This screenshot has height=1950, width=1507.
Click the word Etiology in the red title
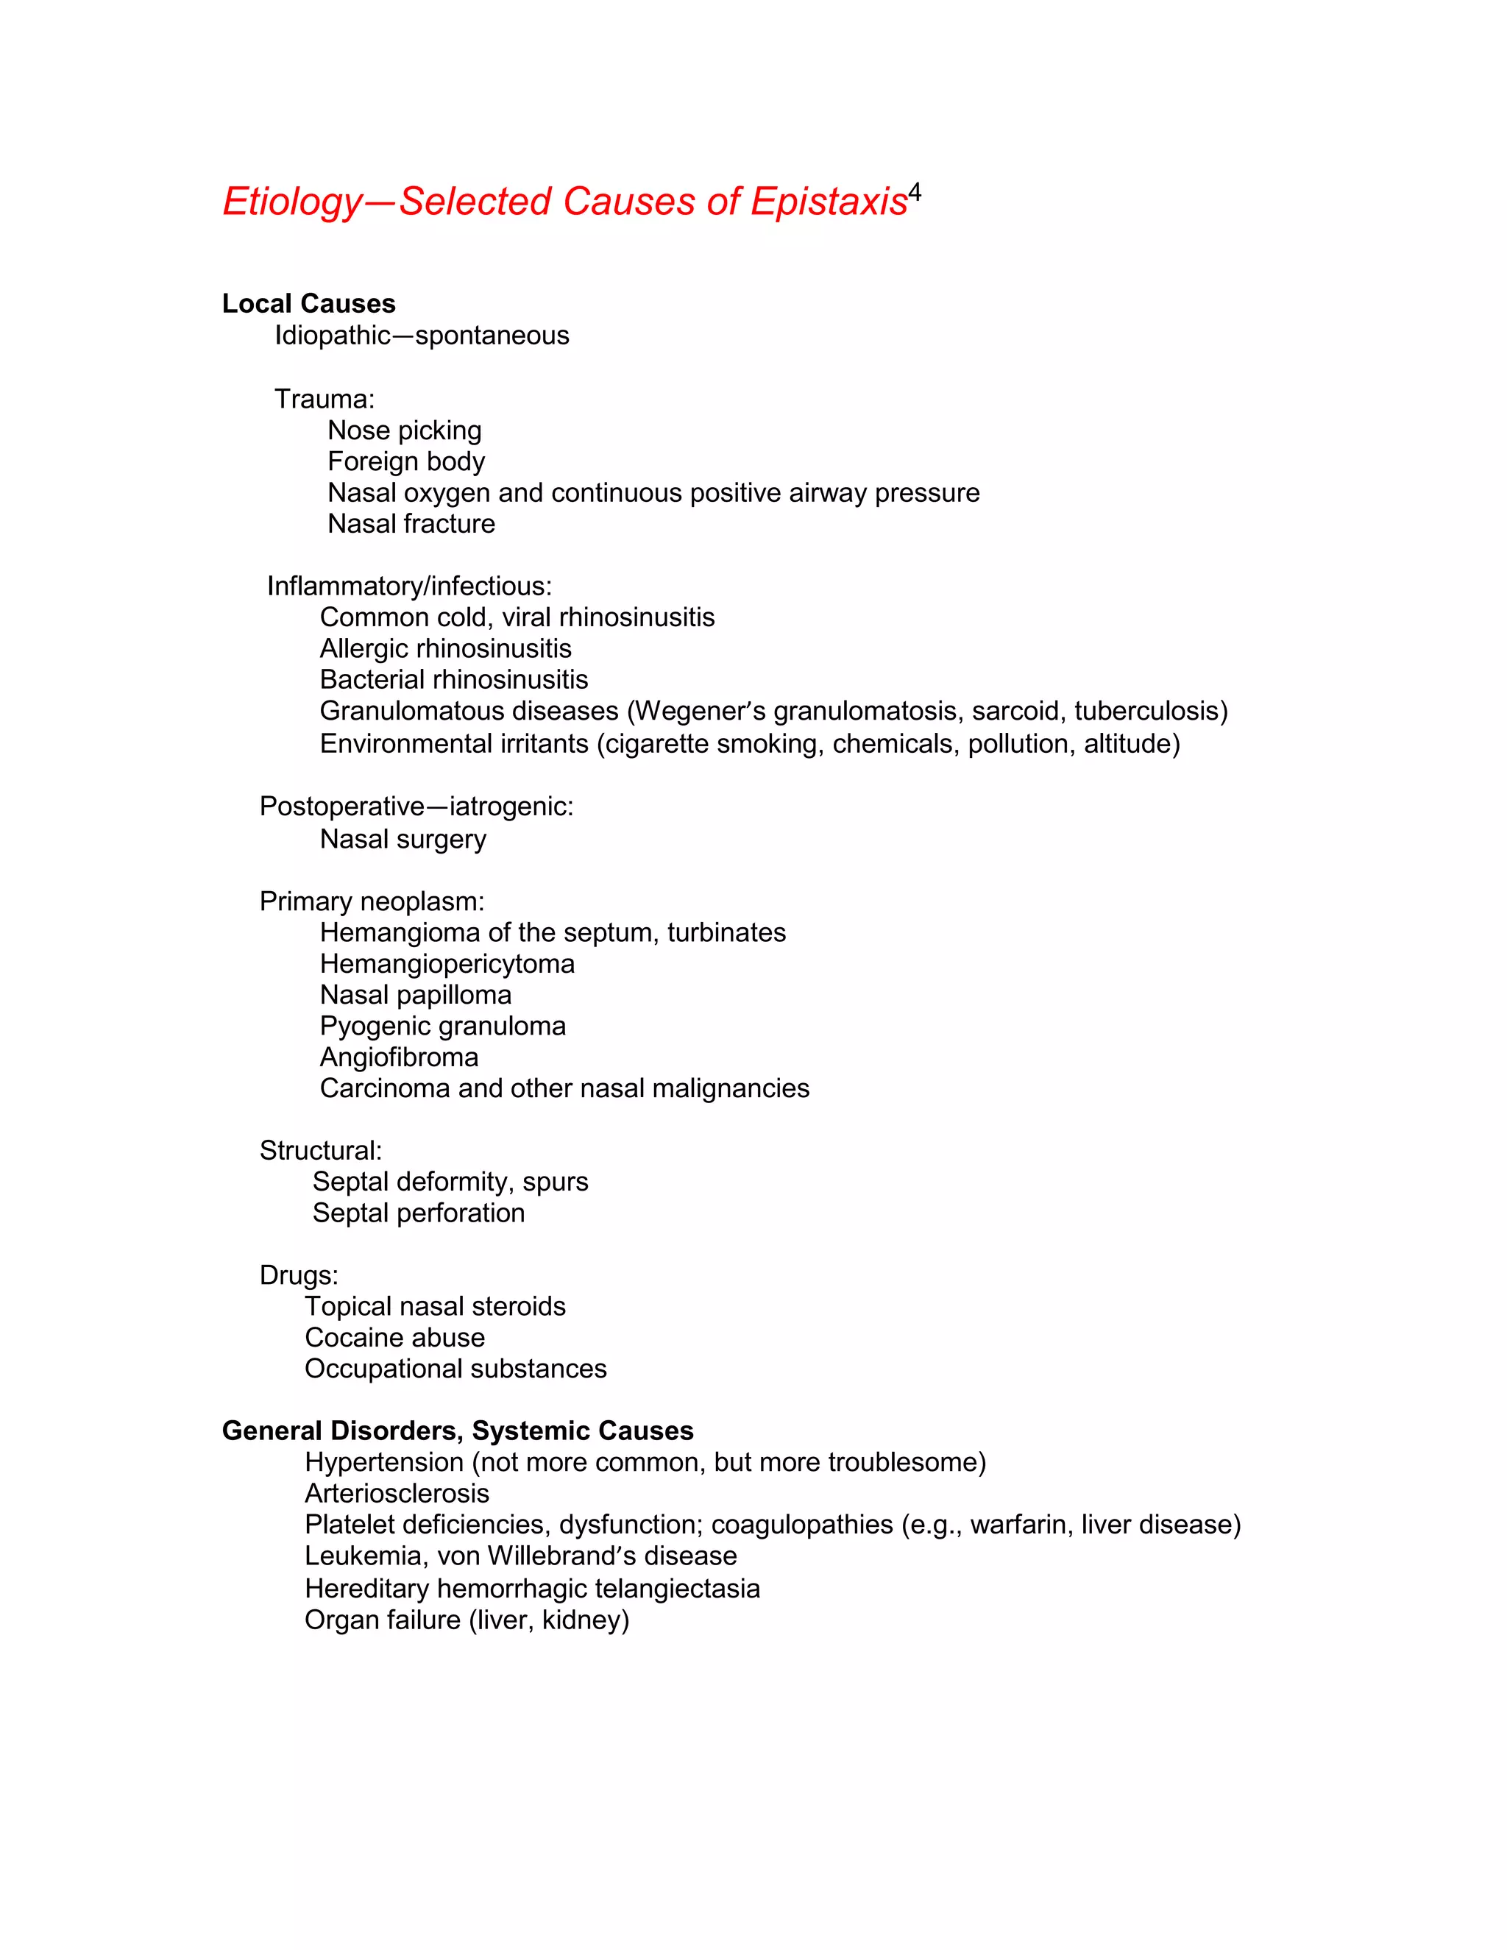[292, 202]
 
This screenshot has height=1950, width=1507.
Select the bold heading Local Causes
[308, 304]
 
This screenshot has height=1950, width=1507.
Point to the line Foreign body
[405, 461]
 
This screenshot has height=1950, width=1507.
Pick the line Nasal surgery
[403, 840]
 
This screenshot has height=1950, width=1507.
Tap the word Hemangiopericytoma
[447, 964]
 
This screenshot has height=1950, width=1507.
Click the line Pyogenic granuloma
[442, 1027]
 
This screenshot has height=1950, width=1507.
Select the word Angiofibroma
[398, 1058]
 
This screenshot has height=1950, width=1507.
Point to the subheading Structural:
[319, 1151]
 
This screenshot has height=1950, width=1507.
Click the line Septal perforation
[418, 1213]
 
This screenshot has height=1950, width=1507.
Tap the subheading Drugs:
[298, 1275]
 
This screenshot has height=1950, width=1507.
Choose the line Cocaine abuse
[394, 1338]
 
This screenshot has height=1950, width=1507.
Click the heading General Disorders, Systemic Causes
[457, 1431]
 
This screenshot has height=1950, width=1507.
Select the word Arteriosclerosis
[397, 1494]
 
